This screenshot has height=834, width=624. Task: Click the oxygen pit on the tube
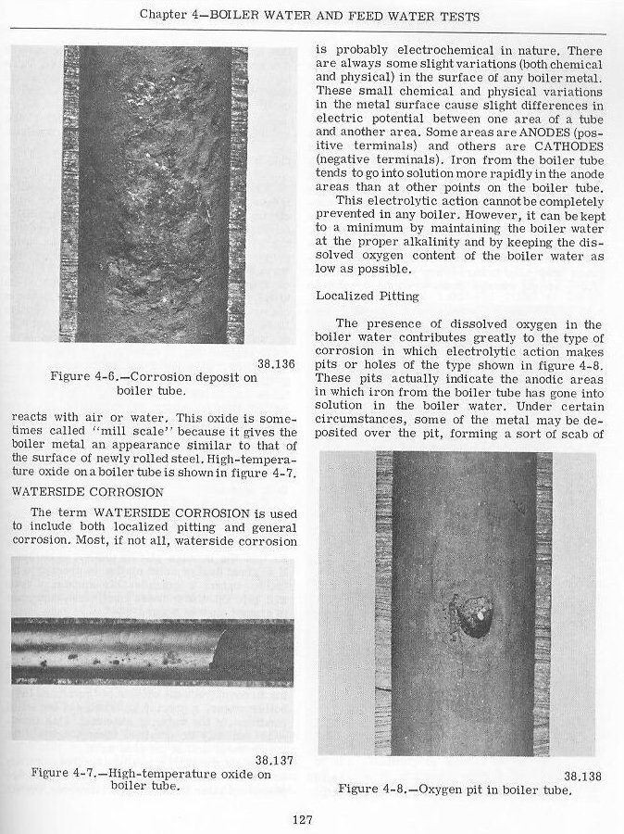click(x=468, y=616)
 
